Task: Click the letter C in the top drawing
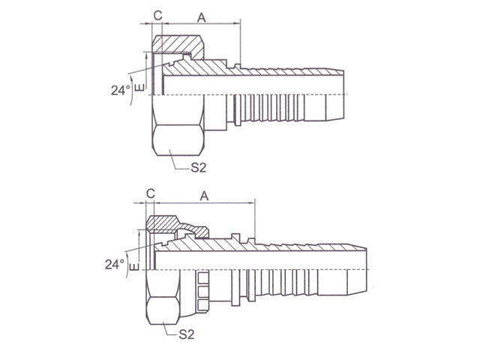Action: tap(158, 15)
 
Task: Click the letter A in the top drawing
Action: tap(202, 18)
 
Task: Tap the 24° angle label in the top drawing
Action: tap(121, 90)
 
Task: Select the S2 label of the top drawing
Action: tap(198, 167)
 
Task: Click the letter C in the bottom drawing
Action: tap(151, 193)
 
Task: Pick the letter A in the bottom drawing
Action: tap(204, 196)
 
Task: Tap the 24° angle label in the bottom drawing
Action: tap(115, 264)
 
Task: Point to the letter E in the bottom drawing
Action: tap(134, 266)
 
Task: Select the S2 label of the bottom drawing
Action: tap(187, 334)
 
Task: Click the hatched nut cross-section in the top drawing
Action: tap(178, 45)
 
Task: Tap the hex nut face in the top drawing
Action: tap(178, 139)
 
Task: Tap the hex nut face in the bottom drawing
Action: tap(163, 310)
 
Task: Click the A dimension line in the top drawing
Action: tap(202, 23)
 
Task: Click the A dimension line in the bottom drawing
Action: tap(204, 202)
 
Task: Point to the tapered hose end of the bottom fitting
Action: tap(357, 270)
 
